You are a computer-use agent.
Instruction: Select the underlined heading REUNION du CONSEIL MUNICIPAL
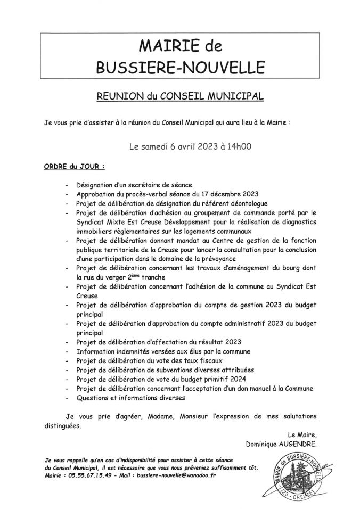pyautogui.click(x=181, y=96)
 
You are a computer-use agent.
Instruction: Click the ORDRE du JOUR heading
pyautogui.click(x=70, y=166)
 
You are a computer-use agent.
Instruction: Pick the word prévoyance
pyautogui.click(x=234, y=259)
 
